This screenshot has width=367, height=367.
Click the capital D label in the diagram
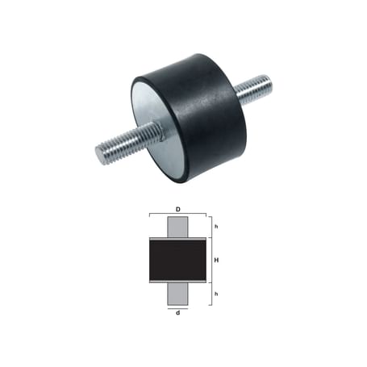(x=177, y=209)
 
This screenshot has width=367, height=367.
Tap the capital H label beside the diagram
(x=216, y=260)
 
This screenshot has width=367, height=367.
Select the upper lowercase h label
(x=215, y=227)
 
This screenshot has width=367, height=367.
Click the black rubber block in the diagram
(x=177, y=260)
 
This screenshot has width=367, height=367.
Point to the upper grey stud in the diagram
(x=177, y=227)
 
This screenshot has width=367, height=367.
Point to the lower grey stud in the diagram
(x=177, y=294)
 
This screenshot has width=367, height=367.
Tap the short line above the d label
(x=177, y=307)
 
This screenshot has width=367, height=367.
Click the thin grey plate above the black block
(x=177, y=238)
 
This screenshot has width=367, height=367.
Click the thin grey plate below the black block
(x=177, y=282)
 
